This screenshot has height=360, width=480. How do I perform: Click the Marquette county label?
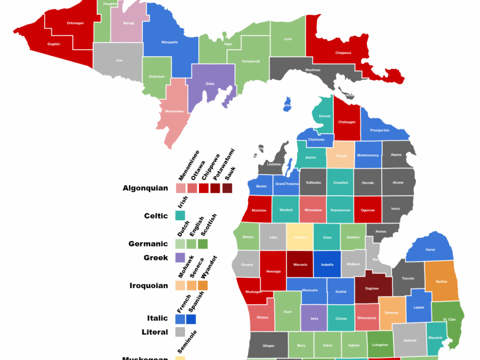click(170, 42)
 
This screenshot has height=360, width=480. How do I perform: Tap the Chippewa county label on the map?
click(343, 53)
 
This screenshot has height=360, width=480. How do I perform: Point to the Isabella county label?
click(327, 264)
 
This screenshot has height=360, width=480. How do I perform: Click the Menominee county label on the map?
click(175, 111)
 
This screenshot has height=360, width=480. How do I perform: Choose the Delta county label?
click(210, 83)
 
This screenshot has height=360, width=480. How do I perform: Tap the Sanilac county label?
click(441, 281)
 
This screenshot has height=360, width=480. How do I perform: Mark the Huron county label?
click(430, 250)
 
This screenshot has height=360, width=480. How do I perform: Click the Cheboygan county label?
click(347, 122)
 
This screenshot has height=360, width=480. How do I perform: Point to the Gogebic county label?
click(54, 44)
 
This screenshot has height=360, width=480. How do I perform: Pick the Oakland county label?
click(410, 340)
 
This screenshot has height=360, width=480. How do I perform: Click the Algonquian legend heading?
click(145, 188)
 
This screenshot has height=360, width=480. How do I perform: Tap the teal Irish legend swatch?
click(181, 215)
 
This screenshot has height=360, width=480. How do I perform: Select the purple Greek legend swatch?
click(181, 257)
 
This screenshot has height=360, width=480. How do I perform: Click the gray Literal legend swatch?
click(181, 332)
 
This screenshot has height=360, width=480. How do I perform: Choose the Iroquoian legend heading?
click(149, 285)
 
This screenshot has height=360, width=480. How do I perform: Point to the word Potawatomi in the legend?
click(224, 164)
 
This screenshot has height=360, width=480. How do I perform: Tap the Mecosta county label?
click(300, 264)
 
